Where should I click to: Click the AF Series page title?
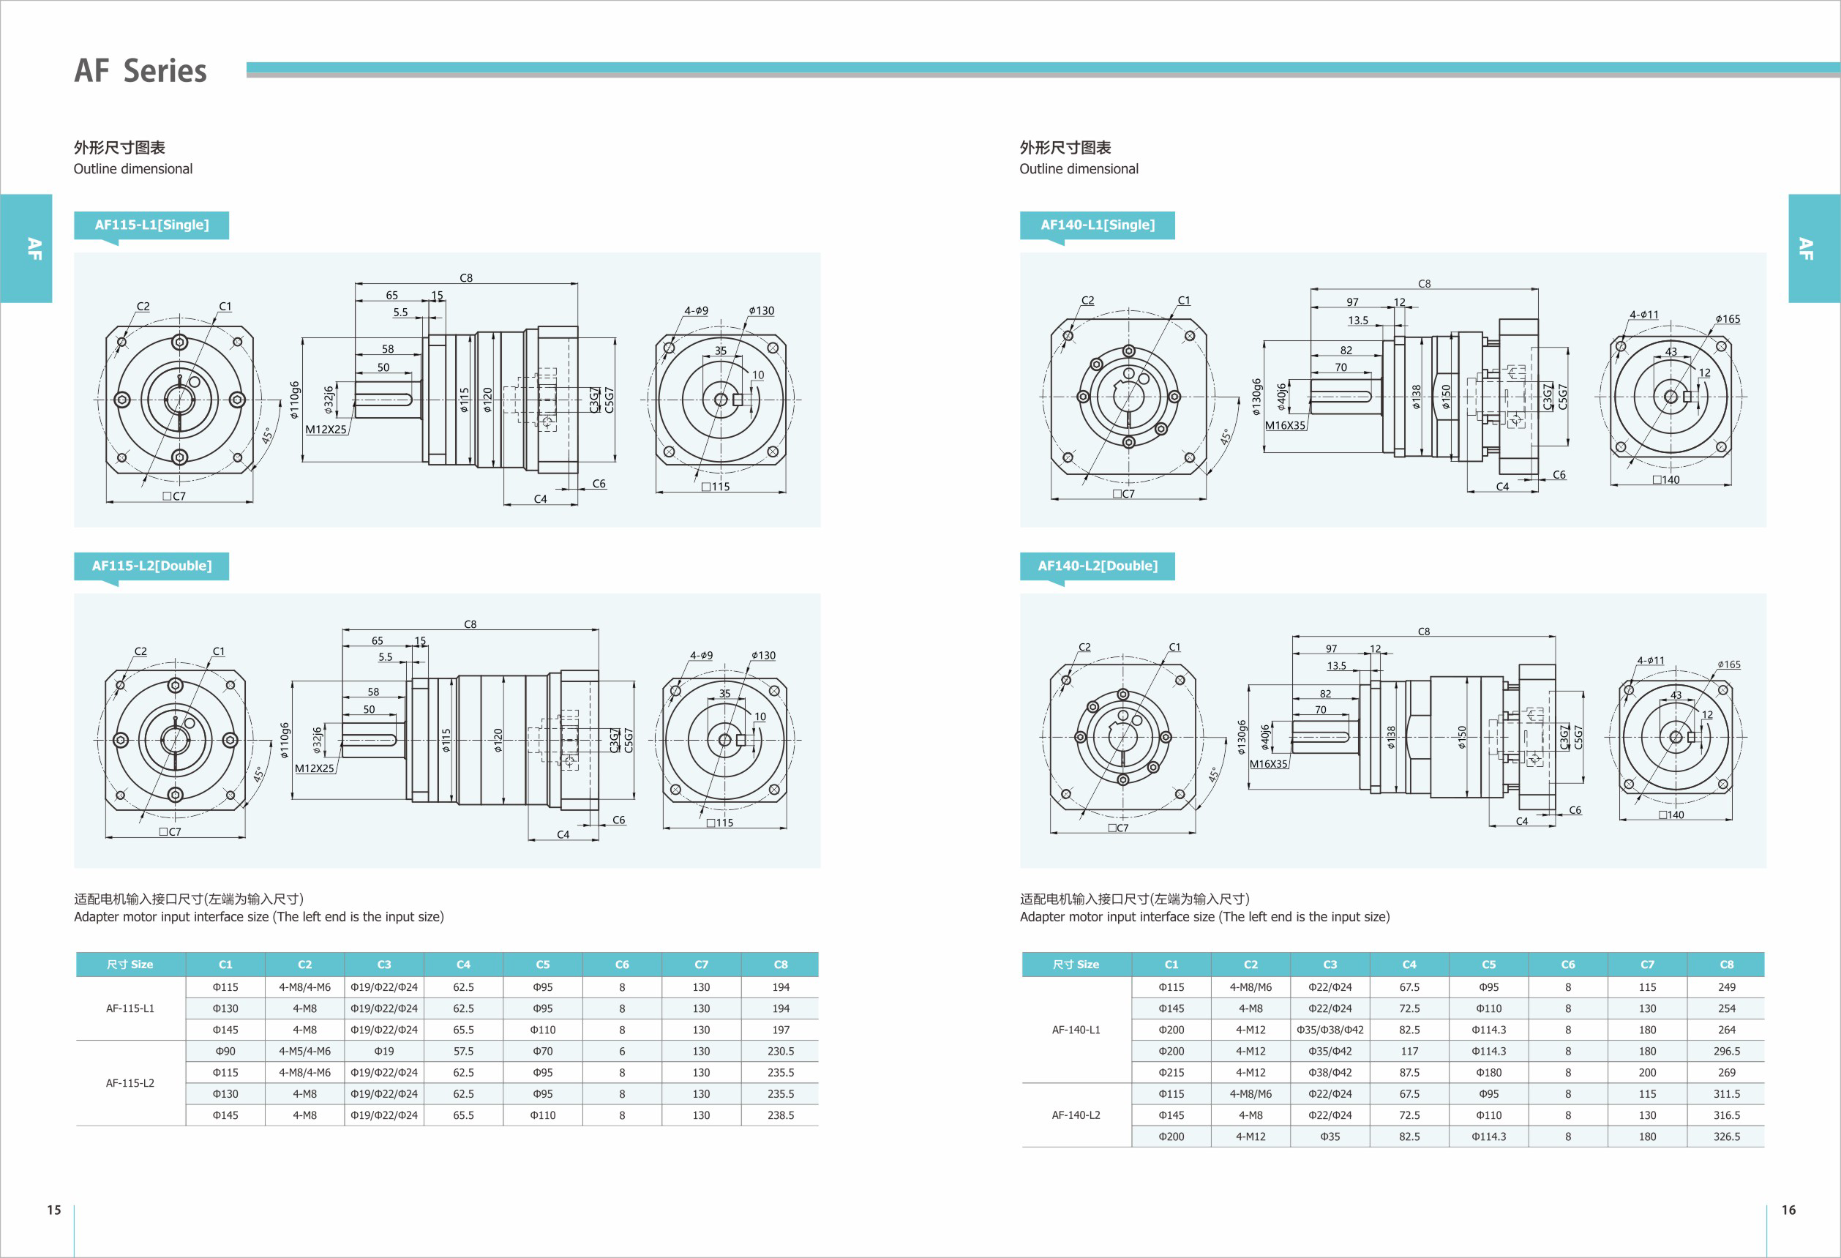tap(140, 70)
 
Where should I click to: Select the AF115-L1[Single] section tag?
tap(151, 225)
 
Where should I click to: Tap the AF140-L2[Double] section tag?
tap(1097, 566)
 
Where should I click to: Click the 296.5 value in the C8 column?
tap(1726, 1051)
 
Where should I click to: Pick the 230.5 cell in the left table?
tap(780, 1051)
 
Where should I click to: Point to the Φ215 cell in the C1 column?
tap(1171, 1073)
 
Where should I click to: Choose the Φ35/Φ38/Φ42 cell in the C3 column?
tap(1330, 1030)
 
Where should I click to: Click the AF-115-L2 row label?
tap(130, 1083)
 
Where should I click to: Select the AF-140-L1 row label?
tap(1076, 1030)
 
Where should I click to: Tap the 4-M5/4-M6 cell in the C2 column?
tap(304, 1051)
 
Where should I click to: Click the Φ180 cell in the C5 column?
tap(1488, 1073)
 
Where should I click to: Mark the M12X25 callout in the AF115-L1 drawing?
tap(326, 430)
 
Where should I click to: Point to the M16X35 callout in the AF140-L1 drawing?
tap(1285, 425)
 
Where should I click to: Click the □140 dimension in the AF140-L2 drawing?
tap(1671, 815)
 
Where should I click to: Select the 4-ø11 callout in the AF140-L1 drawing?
tap(1643, 315)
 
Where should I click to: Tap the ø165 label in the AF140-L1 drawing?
tap(1728, 319)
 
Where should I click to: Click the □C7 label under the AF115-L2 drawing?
tap(170, 832)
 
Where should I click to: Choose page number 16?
tap(1788, 1210)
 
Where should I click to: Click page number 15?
tap(54, 1210)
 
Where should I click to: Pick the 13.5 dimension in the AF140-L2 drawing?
tap(1336, 666)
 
